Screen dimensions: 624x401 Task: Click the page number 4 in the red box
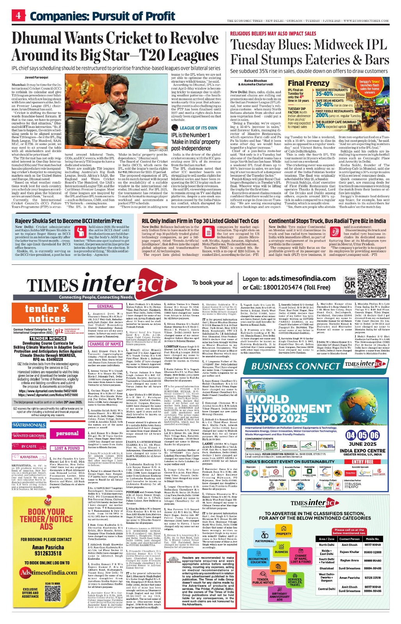[x=18, y=16]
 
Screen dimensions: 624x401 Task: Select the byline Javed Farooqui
[x=34, y=78]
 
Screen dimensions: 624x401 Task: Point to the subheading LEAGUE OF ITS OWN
[x=198, y=128]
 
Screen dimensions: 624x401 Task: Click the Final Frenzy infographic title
[x=308, y=83]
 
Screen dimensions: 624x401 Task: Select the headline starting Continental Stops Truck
[x=327, y=221]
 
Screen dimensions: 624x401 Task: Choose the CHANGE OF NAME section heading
[x=105, y=344]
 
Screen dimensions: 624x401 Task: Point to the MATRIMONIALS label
[x=29, y=425]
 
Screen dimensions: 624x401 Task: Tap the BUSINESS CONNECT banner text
[x=296, y=366]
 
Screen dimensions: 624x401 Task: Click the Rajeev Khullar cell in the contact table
[x=349, y=552]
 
